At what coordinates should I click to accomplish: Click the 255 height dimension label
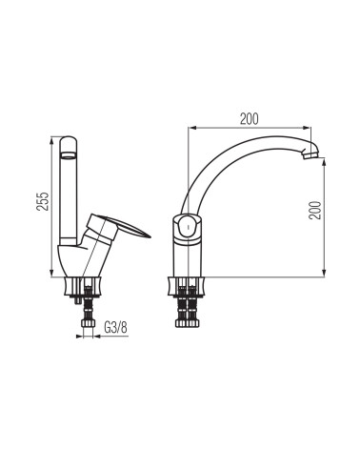tap(43, 201)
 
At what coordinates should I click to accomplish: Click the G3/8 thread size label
tap(115, 327)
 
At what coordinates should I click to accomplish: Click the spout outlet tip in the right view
tap(310, 154)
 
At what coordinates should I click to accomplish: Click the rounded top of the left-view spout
tap(69, 142)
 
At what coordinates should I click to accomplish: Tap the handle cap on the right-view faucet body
tap(189, 227)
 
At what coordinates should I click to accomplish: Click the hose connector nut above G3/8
tap(88, 323)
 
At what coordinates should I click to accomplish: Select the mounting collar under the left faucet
tap(83, 286)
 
